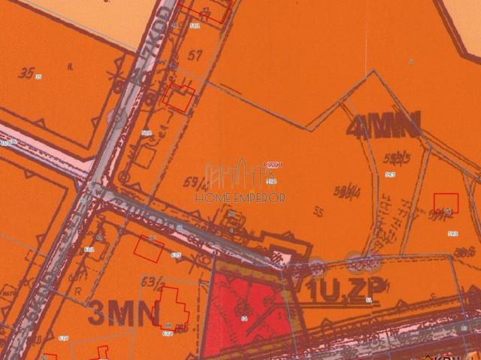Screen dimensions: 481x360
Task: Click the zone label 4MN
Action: pyautogui.click(x=383, y=125)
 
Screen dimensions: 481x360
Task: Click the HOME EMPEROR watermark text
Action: pyautogui.click(x=240, y=198)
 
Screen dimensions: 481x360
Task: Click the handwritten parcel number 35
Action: pyautogui.click(x=29, y=73)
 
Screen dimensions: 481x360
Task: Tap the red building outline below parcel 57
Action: pyautogui.click(x=180, y=98)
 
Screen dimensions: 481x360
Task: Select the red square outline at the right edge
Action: pyautogui.click(x=446, y=203)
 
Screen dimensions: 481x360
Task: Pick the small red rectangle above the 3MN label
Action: pyautogui.click(x=147, y=248)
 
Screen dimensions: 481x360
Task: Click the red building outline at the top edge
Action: pyautogui.click(x=211, y=10)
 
